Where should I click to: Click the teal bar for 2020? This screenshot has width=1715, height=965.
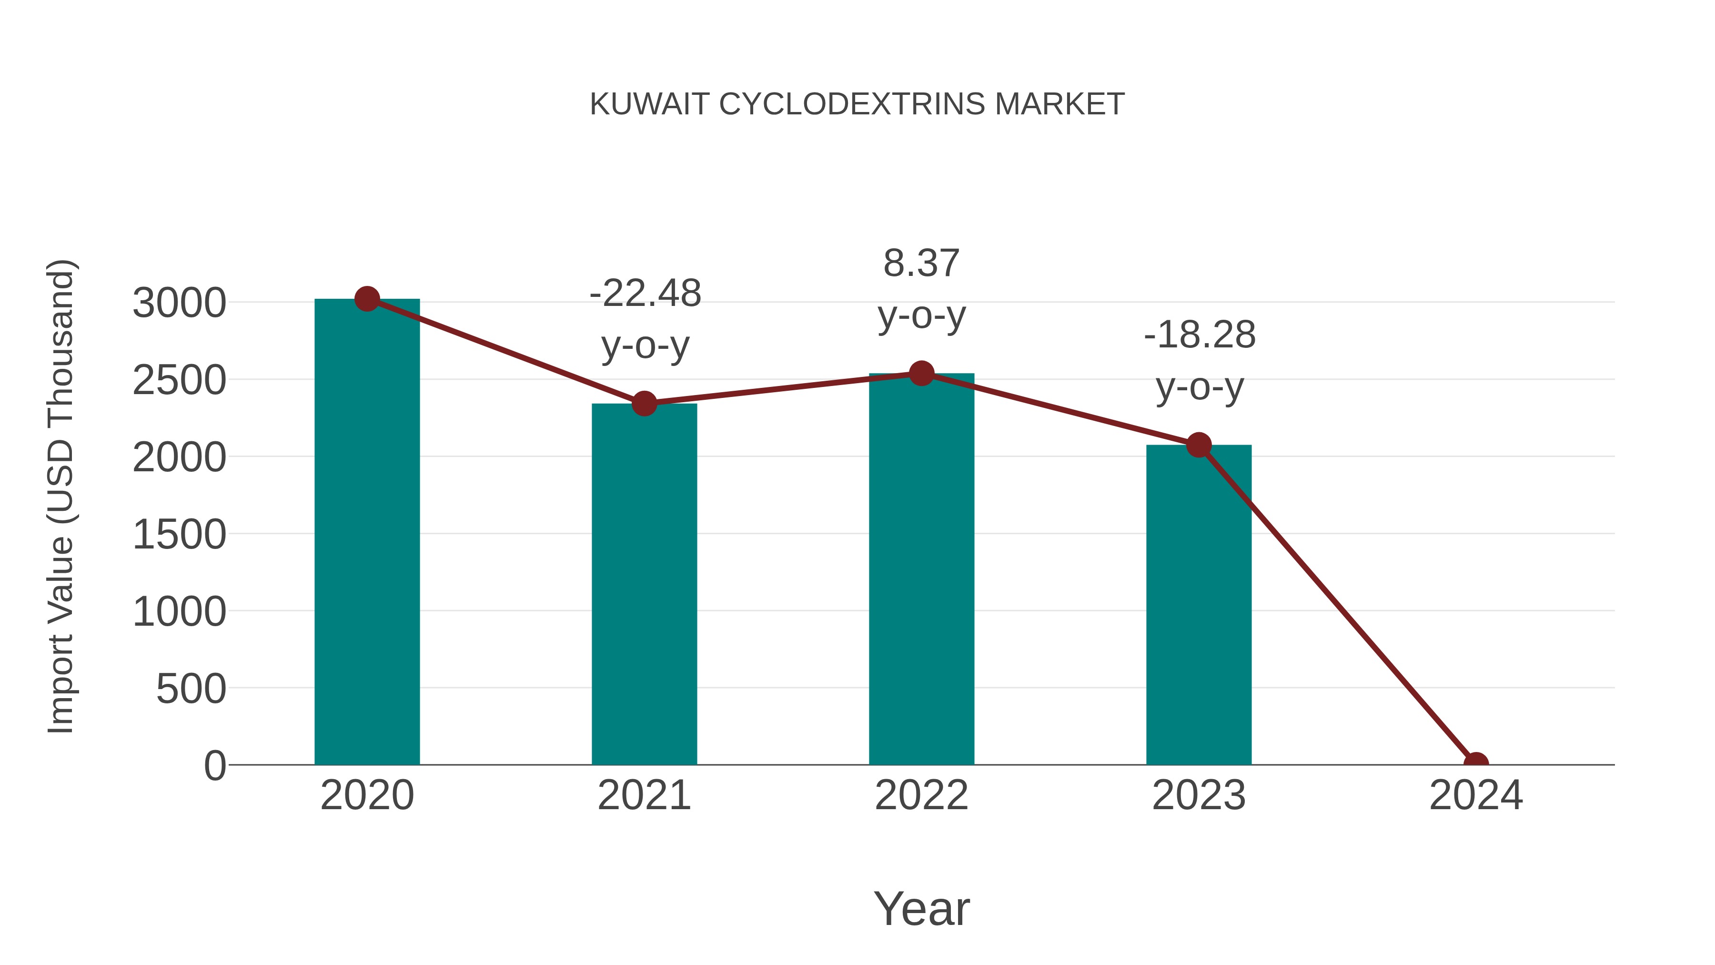pos(367,533)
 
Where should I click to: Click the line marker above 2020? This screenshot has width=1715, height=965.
pos(367,299)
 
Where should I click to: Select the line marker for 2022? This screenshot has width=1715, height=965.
pos(921,374)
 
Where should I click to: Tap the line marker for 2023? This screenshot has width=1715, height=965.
pos(1199,445)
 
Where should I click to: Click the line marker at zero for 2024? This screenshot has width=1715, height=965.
pos(1475,763)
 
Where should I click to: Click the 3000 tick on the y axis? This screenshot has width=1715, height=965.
pos(179,303)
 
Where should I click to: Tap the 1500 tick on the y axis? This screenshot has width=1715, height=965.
pos(179,534)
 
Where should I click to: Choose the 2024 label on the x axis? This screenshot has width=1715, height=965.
pos(1475,795)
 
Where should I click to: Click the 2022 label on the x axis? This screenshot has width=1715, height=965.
pos(921,795)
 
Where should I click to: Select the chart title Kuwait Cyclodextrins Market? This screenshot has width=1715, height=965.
pos(857,104)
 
